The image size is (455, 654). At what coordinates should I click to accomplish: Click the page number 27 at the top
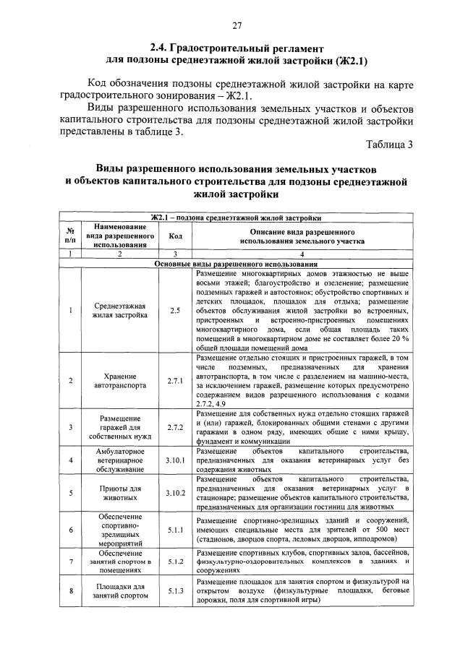click(x=236, y=26)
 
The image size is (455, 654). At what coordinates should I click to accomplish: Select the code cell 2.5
click(x=175, y=310)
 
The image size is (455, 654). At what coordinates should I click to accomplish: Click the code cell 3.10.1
click(x=175, y=460)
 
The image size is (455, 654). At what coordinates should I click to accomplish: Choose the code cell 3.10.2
click(x=175, y=493)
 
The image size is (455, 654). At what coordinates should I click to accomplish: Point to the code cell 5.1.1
click(x=175, y=530)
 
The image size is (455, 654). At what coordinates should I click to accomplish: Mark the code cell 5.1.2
click(x=175, y=561)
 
